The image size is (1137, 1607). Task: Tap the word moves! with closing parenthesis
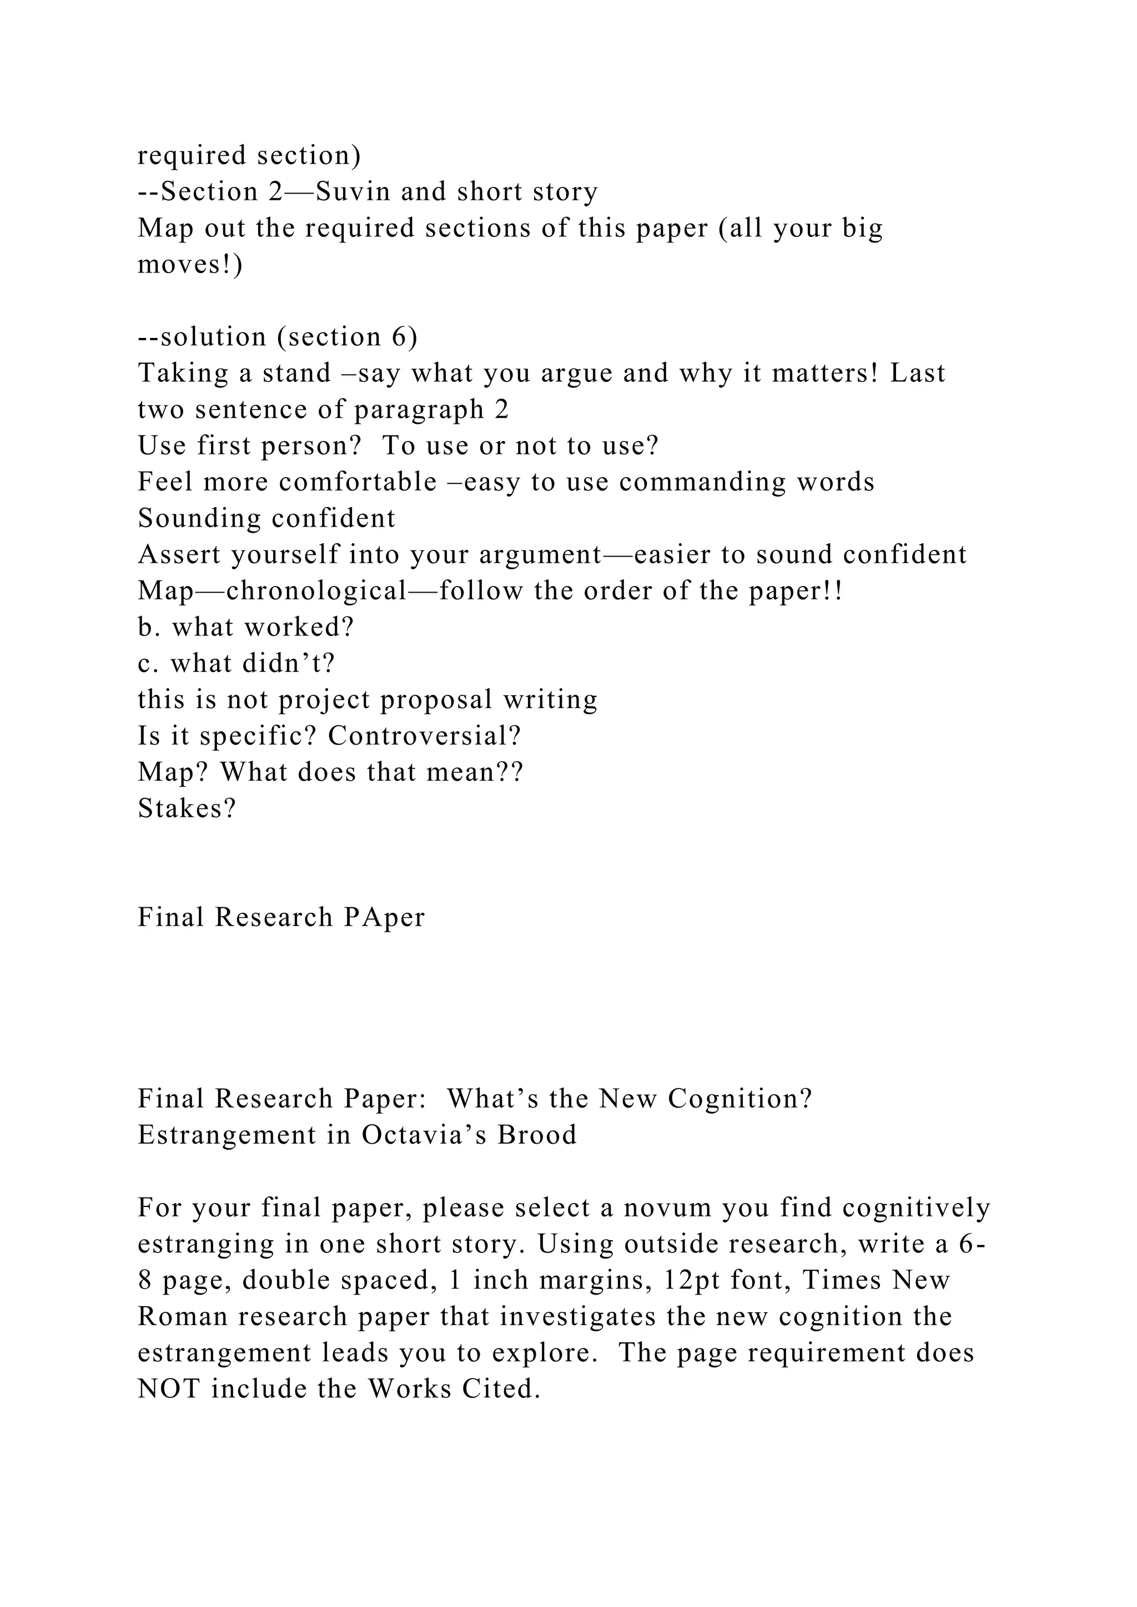click(190, 265)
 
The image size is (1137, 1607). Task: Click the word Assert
click(179, 554)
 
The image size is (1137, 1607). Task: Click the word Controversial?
click(424, 736)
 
